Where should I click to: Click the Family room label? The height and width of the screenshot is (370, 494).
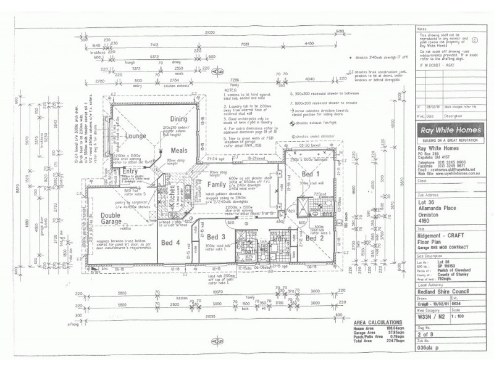pos(217,184)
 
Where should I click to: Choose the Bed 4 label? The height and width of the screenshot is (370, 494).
pos(170,243)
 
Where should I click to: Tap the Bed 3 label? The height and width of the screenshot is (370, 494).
pos(216,237)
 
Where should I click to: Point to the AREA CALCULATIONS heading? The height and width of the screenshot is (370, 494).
pos(374,323)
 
